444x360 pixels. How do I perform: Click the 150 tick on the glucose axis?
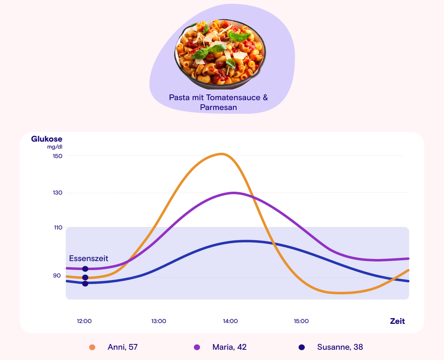(x=57, y=156)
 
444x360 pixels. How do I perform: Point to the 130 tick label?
(x=57, y=193)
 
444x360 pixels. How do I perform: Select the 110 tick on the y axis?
(x=58, y=227)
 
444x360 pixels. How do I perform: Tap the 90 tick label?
(x=57, y=275)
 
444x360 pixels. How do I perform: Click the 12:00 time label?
(x=84, y=321)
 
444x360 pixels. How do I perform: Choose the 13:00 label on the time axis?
(x=159, y=321)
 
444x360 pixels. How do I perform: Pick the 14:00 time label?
(x=230, y=321)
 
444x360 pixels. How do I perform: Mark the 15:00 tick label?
(x=301, y=321)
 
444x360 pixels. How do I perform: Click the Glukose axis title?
(x=47, y=139)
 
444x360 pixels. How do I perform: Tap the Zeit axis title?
(x=397, y=321)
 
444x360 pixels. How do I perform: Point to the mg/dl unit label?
(x=55, y=147)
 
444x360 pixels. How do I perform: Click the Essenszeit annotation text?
(x=89, y=258)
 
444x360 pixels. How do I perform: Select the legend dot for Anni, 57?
(x=92, y=347)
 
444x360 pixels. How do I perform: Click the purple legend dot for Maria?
(x=197, y=347)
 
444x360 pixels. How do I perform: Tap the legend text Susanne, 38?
(x=340, y=347)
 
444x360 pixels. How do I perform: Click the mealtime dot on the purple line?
(x=85, y=269)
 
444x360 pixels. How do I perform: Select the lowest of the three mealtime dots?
(x=85, y=283)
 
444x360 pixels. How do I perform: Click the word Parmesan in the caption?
(x=219, y=108)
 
